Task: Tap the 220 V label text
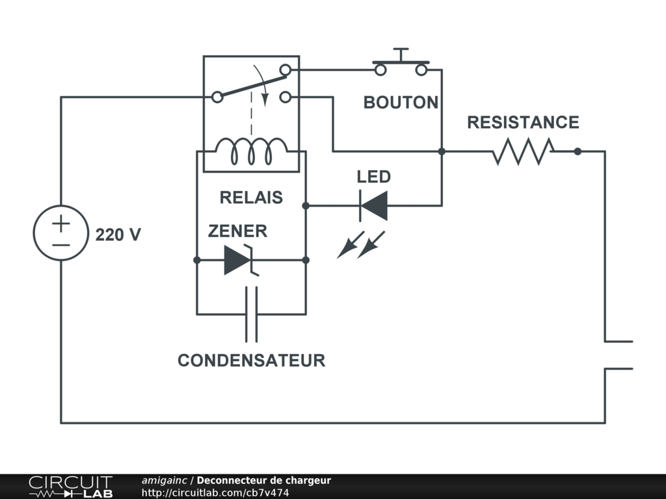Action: coord(118,235)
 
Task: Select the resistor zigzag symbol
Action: coord(524,151)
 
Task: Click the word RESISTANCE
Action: coord(523,122)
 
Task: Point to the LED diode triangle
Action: coord(374,206)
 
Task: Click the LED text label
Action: coord(374,177)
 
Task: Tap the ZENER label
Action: coord(237,231)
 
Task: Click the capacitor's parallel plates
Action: coord(252,314)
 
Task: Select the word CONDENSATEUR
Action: coord(252,360)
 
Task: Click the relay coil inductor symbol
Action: coord(252,151)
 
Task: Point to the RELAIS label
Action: coord(251,198)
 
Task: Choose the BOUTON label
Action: coord(401,102)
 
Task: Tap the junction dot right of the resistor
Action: coord(578,151)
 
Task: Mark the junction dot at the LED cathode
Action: coord(306,206)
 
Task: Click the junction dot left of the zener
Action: coord(197,260)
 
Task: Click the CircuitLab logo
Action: coord(70,487)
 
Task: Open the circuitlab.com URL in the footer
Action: coord(215,493)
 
